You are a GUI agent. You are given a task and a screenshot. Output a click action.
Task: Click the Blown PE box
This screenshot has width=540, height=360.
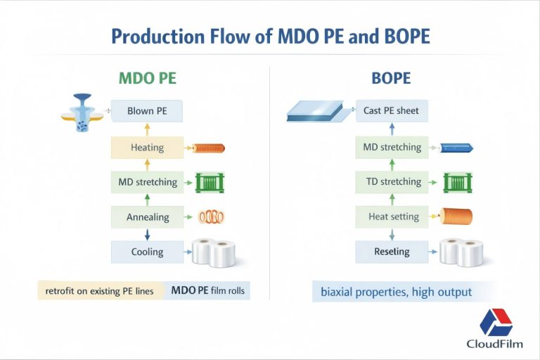tap(146, 111)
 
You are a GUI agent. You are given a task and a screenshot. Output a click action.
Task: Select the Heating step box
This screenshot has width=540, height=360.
tap(146, 148)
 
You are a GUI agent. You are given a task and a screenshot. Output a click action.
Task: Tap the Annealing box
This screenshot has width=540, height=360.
tap(146, 217)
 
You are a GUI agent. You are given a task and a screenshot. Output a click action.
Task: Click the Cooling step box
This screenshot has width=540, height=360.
tap(146, 252)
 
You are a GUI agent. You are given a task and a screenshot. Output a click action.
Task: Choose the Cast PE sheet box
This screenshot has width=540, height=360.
tap(391, 111)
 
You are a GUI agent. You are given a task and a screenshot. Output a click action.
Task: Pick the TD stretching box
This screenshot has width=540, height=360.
tap(391, 182)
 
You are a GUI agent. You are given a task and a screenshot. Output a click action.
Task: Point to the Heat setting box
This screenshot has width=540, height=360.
tap(391, 217)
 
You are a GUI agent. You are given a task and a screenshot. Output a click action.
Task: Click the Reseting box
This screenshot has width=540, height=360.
tap(391, 252)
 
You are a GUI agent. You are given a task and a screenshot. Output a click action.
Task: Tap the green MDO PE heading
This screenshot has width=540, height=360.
tap(147, 78)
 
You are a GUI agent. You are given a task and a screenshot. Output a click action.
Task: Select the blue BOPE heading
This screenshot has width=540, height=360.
tap(391, 78)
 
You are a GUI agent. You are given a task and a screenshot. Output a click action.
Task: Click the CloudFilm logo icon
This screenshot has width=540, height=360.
tap(496, 322)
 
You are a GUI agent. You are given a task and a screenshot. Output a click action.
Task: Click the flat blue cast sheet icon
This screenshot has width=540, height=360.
tap(314, 111)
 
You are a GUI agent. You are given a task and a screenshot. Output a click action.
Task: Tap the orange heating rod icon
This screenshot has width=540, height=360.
tap(208, 148)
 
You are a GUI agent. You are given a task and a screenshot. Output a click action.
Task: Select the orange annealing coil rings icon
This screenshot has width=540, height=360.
tap(210, 218)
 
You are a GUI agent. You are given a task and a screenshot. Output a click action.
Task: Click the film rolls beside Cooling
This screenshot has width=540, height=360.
tap(213, 252)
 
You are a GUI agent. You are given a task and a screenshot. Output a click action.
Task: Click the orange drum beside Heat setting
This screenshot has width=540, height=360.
tap(456, 217)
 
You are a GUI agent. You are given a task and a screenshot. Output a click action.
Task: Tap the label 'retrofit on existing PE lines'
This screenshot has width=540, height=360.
tap(100, 290)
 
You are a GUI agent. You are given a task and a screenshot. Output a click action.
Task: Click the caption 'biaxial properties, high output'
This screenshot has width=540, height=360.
tap(396, 291)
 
